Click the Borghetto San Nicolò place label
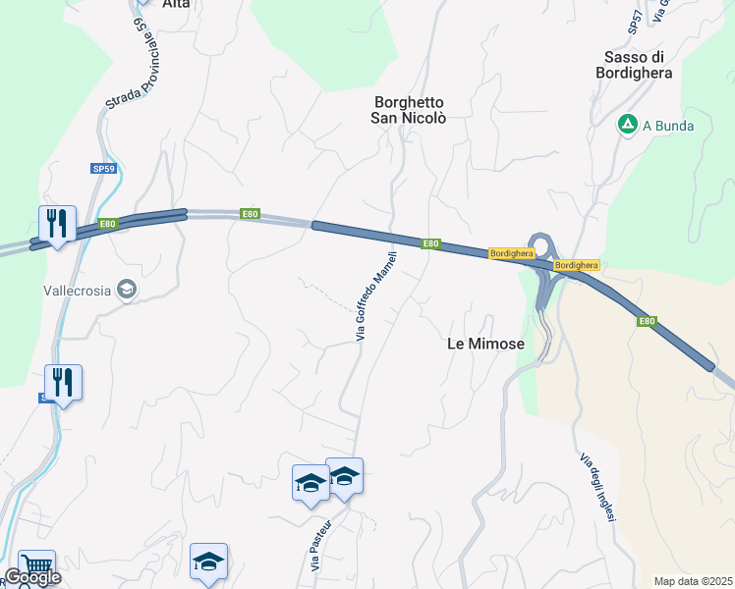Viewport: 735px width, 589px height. [409, 110]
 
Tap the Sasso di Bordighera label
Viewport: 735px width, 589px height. [637, 64]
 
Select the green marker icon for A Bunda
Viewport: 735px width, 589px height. [626, 125]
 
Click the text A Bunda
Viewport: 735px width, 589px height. [668, 126]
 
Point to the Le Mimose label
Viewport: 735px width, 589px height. [485, 345]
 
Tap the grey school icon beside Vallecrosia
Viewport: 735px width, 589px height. [126, 289]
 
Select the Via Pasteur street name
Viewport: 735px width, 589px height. [316, 548]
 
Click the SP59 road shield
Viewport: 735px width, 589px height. [104, 169]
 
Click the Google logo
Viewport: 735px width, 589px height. [33, 577]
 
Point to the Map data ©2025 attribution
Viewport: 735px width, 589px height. [692, 581]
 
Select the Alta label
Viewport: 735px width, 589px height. [176, 4]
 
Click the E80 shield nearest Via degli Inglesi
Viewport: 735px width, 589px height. [646, 321]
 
